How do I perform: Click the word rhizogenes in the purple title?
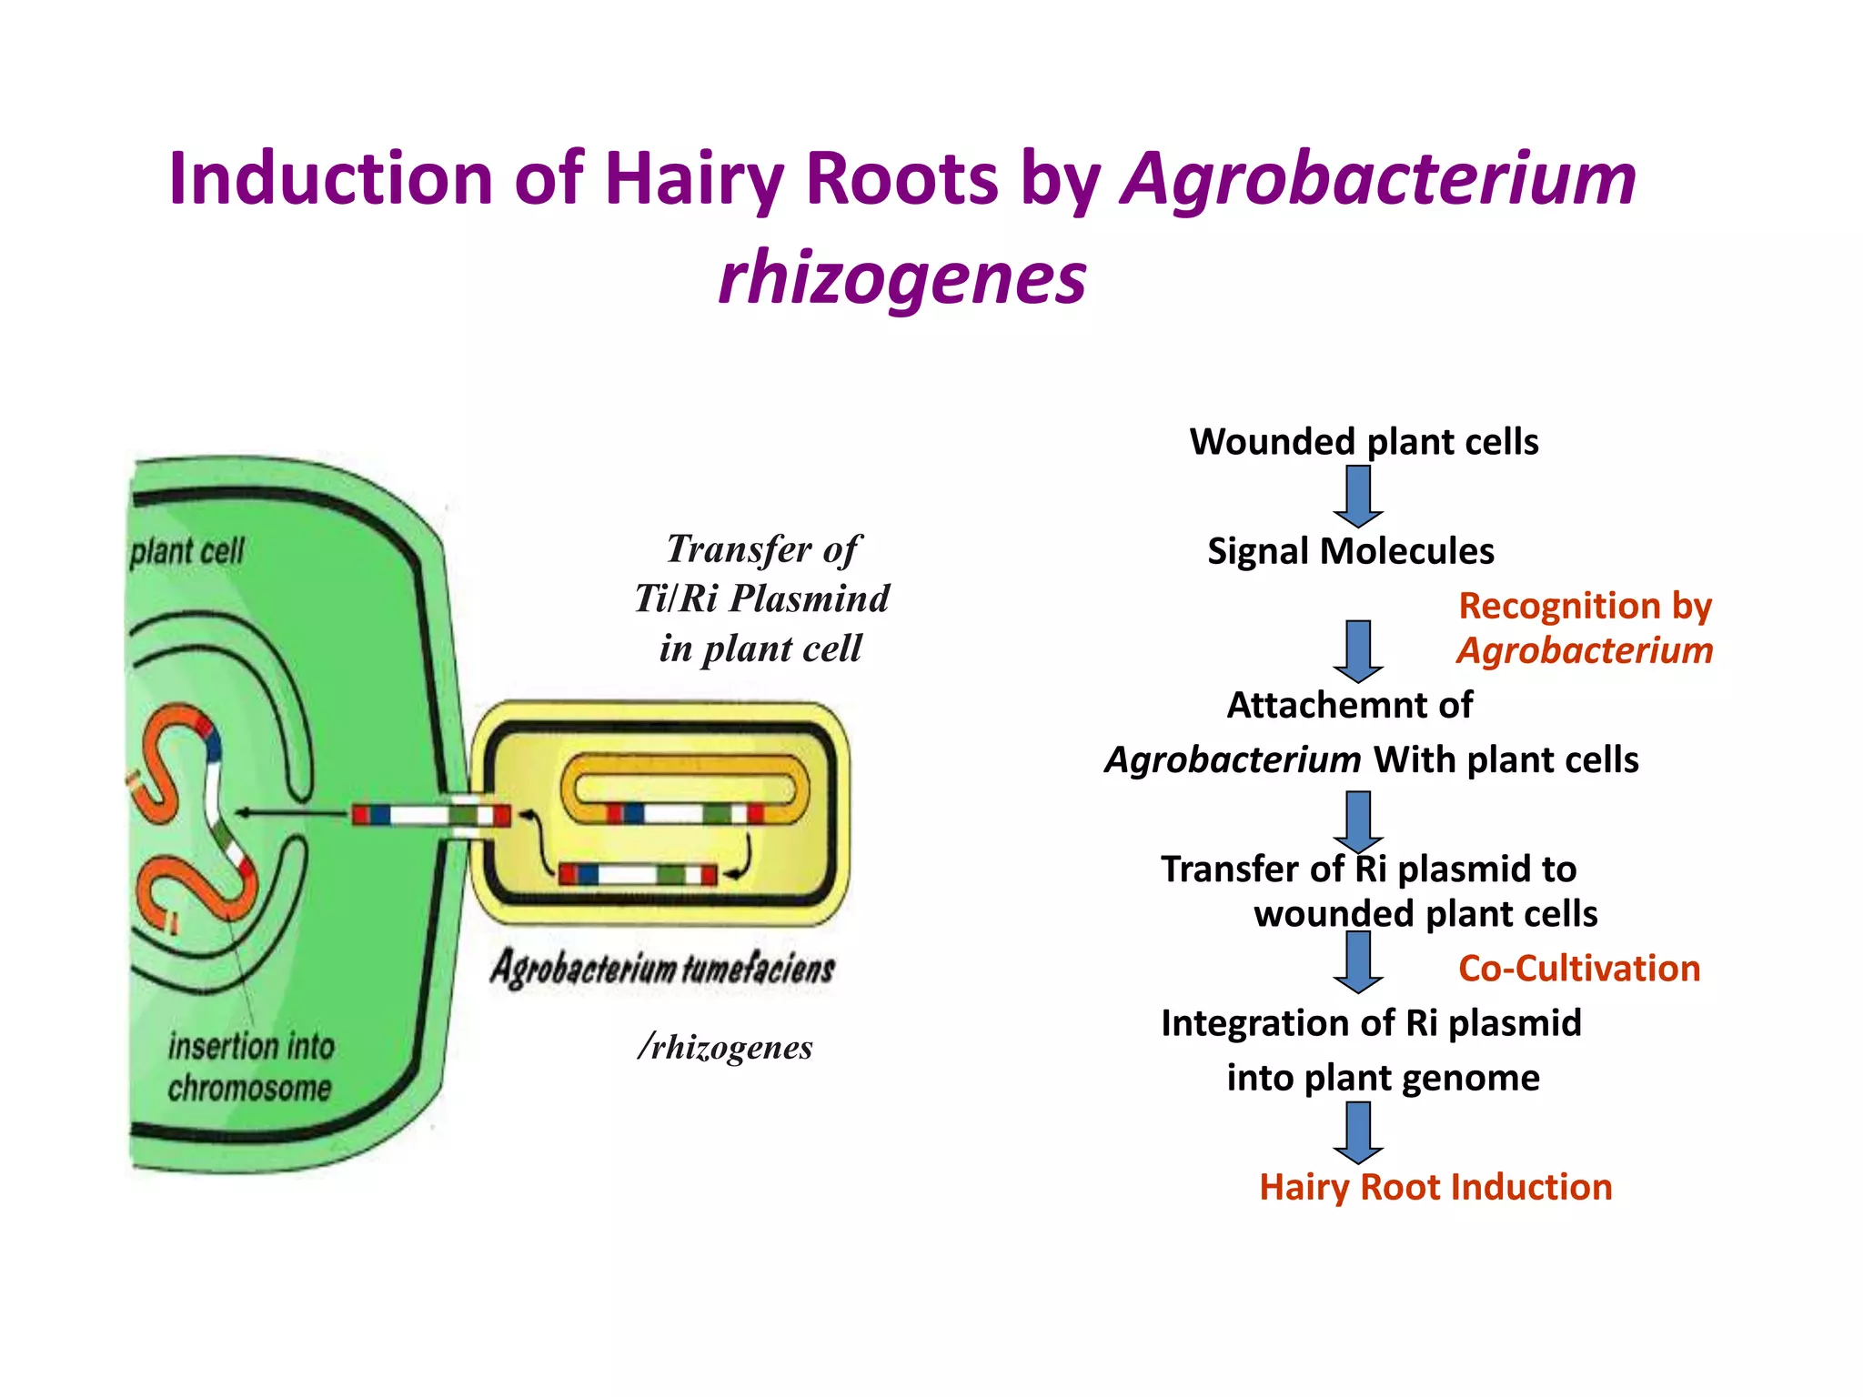click(901, 277)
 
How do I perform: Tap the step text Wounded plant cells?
click(1364, 442)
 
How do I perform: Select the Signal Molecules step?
click(1350, 551)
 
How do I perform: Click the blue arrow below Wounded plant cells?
click(1358, 497)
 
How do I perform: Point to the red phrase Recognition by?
click(1585, 606)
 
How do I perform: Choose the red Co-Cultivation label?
click(1578, 969)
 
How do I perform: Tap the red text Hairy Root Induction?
click(1435, 1188)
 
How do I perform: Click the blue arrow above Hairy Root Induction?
click(1358, 1132)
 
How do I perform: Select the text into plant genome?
click(1383, 1079)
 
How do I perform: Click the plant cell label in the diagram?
click(187, 551)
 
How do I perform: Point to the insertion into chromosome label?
click(250, 1067)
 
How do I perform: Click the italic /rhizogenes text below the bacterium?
click(725, 1048)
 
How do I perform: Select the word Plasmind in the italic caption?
click(810, 599)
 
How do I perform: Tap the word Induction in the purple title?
click(329, 178)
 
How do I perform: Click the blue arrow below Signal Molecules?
click(1358, 651)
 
